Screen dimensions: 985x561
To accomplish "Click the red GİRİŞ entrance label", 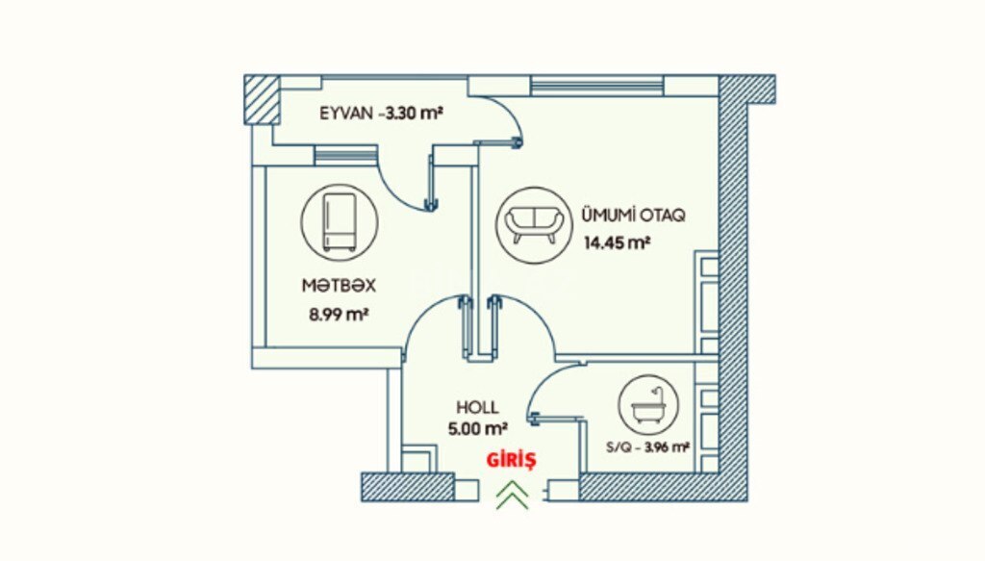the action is (x=512, y=461).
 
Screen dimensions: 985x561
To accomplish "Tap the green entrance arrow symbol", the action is (x=513, y=495).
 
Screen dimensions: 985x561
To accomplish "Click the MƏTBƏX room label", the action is (x=339, y=286).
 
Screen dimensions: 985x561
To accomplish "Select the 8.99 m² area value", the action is (x=338, y=314).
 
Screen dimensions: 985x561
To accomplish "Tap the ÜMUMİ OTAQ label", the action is (x=633, y=215).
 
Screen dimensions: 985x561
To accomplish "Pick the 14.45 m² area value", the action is (x=617, y=242).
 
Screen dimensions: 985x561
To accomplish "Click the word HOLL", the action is (x=477, y=407).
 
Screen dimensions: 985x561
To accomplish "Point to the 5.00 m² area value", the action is (x=477, y=429).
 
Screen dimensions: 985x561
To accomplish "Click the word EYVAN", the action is (x=346, y=114).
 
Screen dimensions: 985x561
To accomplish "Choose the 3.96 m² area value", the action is (x=668, y=447).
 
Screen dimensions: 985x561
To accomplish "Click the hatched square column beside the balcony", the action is (x=262, y=99).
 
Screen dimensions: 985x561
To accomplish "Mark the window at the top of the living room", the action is (x=596, y=85).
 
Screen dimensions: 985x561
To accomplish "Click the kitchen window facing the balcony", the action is (x=345, y=155).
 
